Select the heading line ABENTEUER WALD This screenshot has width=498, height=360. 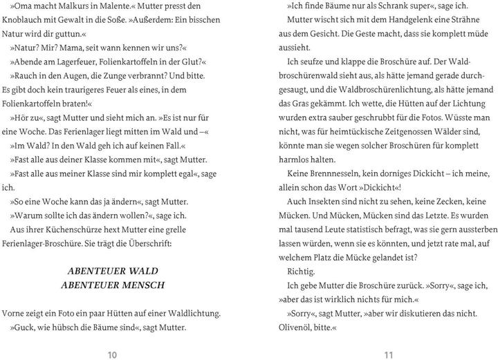pyautogui.click(x=114, y=270)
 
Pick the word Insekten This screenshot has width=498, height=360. pyautogui.click(x=328, y=201)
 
